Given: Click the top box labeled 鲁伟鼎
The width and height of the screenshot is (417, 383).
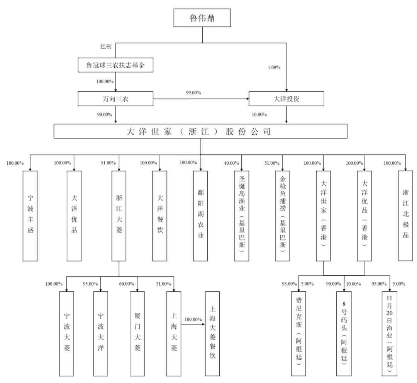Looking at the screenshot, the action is (202, 18).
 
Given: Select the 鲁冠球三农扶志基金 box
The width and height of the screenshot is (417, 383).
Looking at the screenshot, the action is (115, 65).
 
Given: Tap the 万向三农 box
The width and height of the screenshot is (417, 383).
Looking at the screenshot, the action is (115, 99).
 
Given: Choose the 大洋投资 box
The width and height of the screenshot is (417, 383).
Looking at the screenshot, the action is (286, 99).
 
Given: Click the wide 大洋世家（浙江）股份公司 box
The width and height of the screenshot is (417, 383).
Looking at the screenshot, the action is (200, 132).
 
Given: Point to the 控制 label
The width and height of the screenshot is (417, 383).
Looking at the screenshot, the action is (106, 46).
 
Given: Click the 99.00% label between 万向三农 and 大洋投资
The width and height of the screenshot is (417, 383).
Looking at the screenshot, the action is (193, 93).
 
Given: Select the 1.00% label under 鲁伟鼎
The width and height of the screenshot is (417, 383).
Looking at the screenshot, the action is (274, 67).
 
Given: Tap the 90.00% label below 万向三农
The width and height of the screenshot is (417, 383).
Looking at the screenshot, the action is (105, 115).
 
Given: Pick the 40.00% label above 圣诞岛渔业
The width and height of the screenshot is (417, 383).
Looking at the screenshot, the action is (232, 163).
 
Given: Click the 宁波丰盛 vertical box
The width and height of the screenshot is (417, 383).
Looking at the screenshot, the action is (30, 216).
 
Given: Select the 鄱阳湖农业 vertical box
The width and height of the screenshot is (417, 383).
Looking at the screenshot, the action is (200, 216).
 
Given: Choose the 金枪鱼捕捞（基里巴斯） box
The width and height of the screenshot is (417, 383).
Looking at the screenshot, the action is (282, 216).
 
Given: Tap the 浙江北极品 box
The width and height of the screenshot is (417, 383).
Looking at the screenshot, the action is (405, 216).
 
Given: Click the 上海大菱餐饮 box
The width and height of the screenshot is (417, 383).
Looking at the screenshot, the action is (212, 334).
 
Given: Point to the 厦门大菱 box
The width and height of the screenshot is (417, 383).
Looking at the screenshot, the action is (137, 334).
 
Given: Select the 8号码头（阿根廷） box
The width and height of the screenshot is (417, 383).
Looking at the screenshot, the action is (344, 334).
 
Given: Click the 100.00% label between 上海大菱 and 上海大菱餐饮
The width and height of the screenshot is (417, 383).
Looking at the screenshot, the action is (193, 320).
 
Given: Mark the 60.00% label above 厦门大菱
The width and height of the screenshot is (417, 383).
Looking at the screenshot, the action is (127, 284).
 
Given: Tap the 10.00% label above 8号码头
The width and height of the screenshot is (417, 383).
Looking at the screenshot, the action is (353, 284).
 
